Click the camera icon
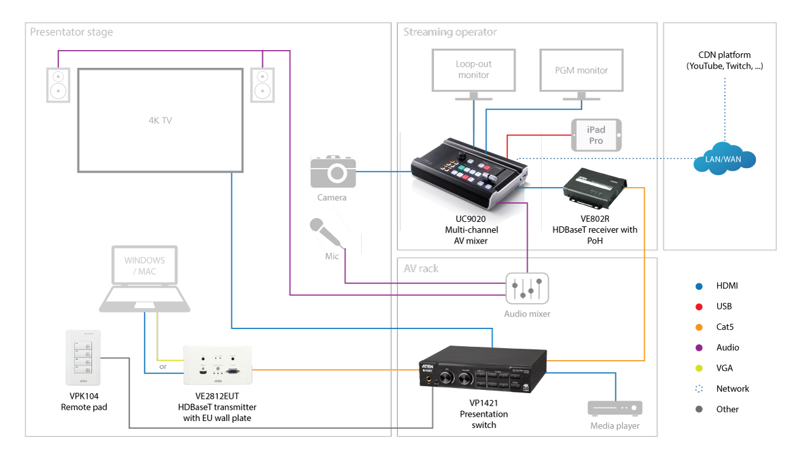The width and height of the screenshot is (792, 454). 333,171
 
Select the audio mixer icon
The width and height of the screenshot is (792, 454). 527,289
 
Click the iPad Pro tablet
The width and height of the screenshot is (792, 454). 596,135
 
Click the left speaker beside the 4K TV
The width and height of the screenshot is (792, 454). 58,84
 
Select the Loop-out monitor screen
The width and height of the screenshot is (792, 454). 473,70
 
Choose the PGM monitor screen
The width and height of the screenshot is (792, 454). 581,70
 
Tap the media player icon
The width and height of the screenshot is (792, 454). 615,408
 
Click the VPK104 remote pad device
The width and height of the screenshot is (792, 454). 84,358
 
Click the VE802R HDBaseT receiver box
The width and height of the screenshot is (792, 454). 594,186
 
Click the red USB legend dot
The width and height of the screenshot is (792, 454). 699,306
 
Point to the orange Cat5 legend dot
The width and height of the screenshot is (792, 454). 699,327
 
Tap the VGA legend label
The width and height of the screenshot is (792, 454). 725,368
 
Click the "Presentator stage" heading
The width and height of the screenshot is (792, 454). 72,32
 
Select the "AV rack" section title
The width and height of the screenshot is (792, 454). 421,268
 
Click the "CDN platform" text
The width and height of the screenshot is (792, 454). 724,55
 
